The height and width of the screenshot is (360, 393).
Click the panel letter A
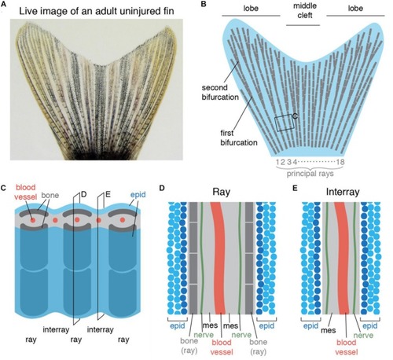(x=3, y=4)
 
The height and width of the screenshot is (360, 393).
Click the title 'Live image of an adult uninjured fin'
(x=97, y=11)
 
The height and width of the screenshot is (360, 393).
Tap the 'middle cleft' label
(x=305, y=10)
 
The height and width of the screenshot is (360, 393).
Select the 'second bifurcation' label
(x=220, y=92)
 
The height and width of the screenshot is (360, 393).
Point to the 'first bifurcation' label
(x=239, y=138)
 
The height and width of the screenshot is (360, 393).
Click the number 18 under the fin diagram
(x=340, y=162)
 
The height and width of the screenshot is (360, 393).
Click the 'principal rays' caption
(x=310, y=174)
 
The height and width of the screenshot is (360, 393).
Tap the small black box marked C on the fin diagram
(x=285, y=123)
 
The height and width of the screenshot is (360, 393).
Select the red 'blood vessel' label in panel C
(x=26, y=192)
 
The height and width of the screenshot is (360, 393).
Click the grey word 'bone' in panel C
(x=50, y=195)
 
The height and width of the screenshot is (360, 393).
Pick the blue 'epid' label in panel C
(x=138, y=195)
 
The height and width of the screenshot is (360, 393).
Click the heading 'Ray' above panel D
(x=221, y=192)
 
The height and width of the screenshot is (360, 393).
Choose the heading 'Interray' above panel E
(x=343, y=192)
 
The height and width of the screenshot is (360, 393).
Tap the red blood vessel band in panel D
(x=218, y=258)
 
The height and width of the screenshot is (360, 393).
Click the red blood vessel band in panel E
(x=342, y=258)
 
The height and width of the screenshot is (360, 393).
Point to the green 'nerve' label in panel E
(x=363, y=335)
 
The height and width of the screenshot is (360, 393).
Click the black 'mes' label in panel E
(x=329, y=330)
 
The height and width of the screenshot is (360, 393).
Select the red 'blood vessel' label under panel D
(x=222, y=347)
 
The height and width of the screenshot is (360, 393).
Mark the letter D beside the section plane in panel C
(x=83, y=194)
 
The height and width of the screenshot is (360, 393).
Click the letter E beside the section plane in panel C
(x=108, y=194)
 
